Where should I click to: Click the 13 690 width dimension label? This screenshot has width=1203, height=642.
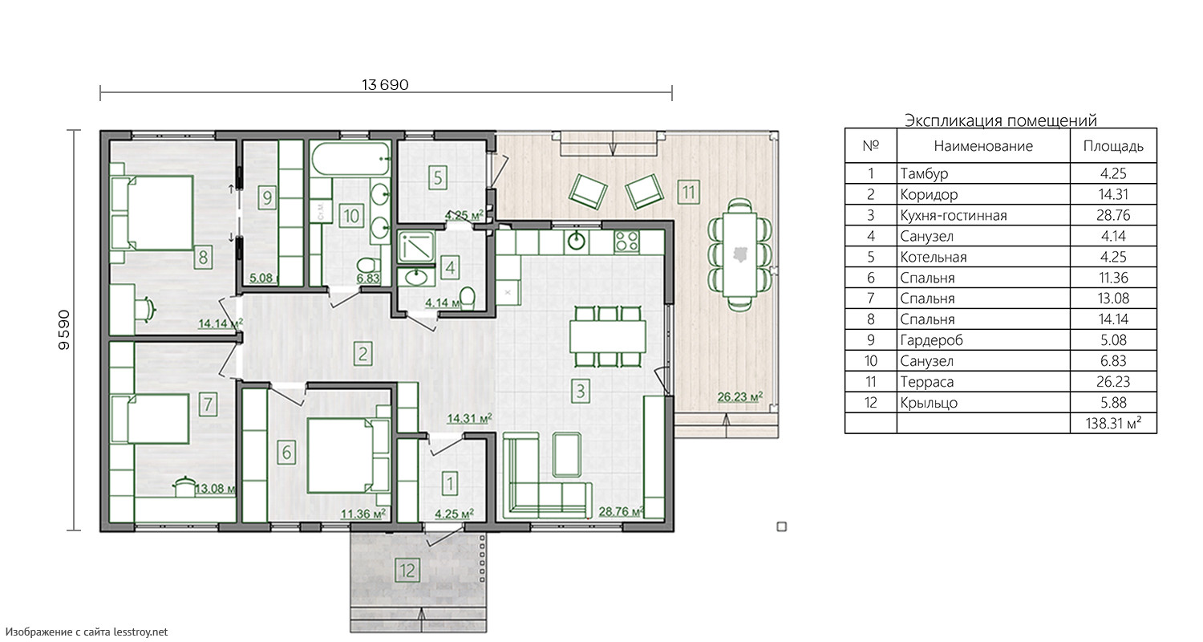coord(385,85)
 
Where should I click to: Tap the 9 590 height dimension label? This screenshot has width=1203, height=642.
coord(64,330)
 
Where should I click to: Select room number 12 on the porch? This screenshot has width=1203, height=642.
coord(407,570)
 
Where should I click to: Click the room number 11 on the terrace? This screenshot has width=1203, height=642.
coord(688,192)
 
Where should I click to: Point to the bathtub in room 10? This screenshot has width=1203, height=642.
coord(350,158)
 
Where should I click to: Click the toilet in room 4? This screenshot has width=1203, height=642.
coord(468,299)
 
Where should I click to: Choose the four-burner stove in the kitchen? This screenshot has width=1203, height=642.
coord(626,242)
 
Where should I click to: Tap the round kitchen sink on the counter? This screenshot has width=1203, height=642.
coord(577,242)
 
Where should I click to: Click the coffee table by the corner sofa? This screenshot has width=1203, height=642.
coord(566,456)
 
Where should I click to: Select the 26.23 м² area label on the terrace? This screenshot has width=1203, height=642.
coord(740,396)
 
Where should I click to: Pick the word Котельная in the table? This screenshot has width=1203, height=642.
coord(934,258)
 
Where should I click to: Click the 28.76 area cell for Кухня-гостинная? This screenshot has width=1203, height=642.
coord(1113,215)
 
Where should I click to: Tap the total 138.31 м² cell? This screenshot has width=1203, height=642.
coord(1113,424)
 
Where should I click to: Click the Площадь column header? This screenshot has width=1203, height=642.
coord(1113,146)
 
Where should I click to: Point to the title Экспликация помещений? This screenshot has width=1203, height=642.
coord(1001,120)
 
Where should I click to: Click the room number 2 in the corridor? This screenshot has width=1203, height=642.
coord(363,354)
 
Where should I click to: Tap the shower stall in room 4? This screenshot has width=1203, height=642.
coord(415,246)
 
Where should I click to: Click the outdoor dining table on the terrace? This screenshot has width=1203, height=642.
coord(740,254)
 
